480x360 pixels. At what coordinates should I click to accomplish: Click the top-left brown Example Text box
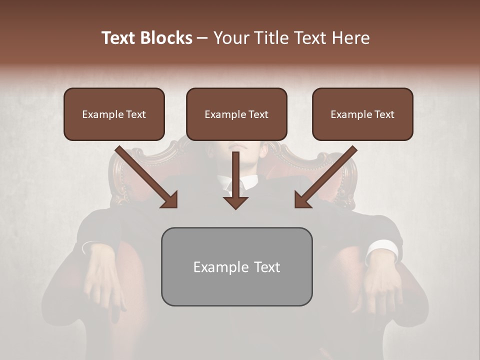click(x=114, y=114)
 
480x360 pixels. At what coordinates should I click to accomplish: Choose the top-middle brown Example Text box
click(x=236, y=114)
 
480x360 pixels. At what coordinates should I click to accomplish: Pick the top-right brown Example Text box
click(x=362, y=114)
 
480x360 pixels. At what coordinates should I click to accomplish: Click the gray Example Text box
click(x=236, y=267)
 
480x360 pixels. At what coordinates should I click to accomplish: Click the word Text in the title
click(x=119, y=38)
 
